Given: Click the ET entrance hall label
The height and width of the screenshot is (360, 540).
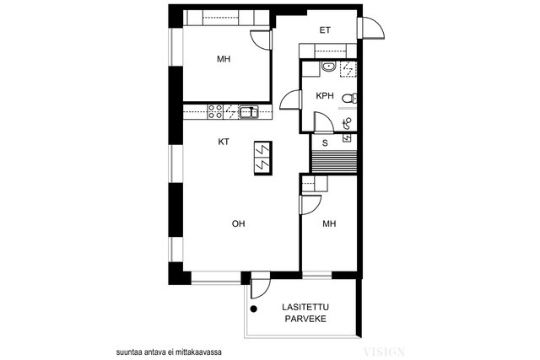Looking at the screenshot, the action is coord(325,30).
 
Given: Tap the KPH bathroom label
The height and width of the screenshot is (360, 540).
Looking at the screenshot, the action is coord(325,95).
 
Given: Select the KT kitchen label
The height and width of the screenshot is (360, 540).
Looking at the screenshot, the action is coord(224,142).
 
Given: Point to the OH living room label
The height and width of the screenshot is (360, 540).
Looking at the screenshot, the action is coord(238,223).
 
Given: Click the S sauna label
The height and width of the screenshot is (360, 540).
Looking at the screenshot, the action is coord(325,143).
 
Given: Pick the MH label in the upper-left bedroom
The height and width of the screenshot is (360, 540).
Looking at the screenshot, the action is coord(224,59).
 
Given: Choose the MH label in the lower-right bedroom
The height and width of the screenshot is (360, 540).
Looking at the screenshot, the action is coord(329,224).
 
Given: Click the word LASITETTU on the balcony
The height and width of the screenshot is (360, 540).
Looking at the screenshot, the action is coord(305,307).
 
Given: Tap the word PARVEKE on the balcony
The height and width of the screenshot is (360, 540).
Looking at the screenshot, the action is coord(305,319).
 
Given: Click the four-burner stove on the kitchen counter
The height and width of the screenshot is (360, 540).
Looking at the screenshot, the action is coord(215,112).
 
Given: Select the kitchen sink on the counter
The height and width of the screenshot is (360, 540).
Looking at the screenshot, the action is coord(249,112).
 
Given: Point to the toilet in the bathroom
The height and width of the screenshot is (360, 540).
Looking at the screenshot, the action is coord(349,99).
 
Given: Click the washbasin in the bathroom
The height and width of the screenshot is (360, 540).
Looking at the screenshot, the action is coord(329,67).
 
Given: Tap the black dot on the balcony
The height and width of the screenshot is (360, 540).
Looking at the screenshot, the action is coord(254,309).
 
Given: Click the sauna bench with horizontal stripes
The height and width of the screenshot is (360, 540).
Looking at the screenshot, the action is coord(333,161).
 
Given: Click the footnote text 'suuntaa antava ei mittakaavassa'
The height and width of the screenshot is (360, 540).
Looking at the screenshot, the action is coord(169,352).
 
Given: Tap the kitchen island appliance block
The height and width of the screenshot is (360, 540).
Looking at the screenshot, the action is coord(263,159).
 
